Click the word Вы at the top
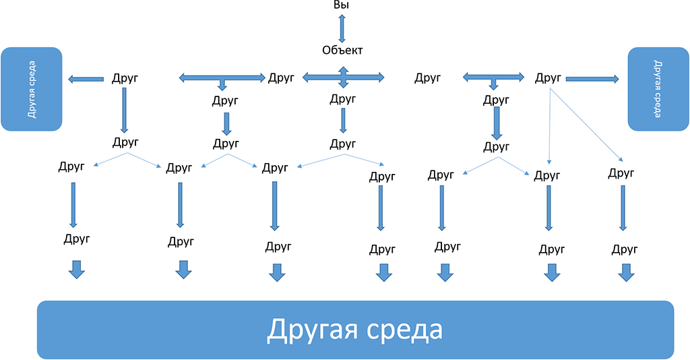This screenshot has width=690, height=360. [x=342, y=5]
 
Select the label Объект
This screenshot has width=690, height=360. [x=342, y=50]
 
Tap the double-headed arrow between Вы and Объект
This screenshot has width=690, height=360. [x=342, y=28]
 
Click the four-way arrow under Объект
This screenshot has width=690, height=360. [x=343, y=78]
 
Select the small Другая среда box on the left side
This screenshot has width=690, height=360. [x=32, y=88]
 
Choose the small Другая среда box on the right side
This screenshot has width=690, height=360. [x=658, y=88]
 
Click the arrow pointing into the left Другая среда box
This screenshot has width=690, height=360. [x=86, y=80]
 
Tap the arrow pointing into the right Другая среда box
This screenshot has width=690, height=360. [x=592, y=79]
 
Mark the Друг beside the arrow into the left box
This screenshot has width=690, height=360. [x=125, y=79]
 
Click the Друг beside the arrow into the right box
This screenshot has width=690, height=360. [x=548, y=78]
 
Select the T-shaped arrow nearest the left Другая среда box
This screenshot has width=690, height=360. [x=222, y=80]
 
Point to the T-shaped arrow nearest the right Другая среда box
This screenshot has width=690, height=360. [x=494, y=80]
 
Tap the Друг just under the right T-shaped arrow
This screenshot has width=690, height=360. [x=497, y=101]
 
